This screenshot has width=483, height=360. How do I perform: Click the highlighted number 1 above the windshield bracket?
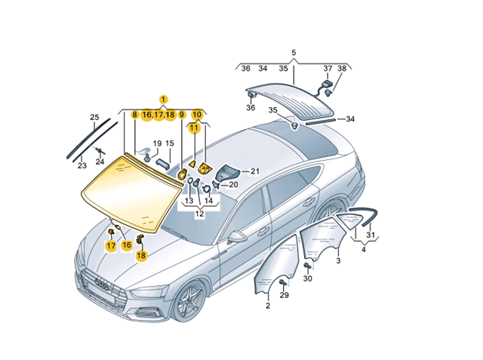tap(164, 100)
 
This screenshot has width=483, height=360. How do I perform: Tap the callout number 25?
tap(94, 117)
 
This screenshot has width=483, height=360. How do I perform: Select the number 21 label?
tap(255, 171)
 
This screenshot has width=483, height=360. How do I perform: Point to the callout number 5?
tap(294, 53)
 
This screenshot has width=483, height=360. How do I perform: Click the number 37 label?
tap(328, 69)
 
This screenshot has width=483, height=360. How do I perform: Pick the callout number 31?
tap(371, 235)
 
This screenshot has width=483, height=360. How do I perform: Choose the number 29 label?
tap(285, 295)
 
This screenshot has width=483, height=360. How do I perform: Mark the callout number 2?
tap(268, 306)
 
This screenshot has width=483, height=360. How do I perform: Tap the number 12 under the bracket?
tap(199, 214)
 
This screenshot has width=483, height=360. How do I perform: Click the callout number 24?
tap(100, 161)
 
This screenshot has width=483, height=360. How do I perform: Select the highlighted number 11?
tap(195, 128)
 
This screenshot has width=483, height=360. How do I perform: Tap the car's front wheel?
tap(189, 301)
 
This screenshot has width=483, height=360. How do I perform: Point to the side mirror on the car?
tap(234, 236)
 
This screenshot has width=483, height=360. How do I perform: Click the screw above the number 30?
tap(307, 266)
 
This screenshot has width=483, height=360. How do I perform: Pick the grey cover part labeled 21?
tap(228, 174)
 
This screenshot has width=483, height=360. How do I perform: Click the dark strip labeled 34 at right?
tap(320, 122)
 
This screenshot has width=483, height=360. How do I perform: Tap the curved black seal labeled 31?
tap(367, 216)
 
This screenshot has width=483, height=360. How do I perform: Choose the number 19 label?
tap(157, 143)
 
